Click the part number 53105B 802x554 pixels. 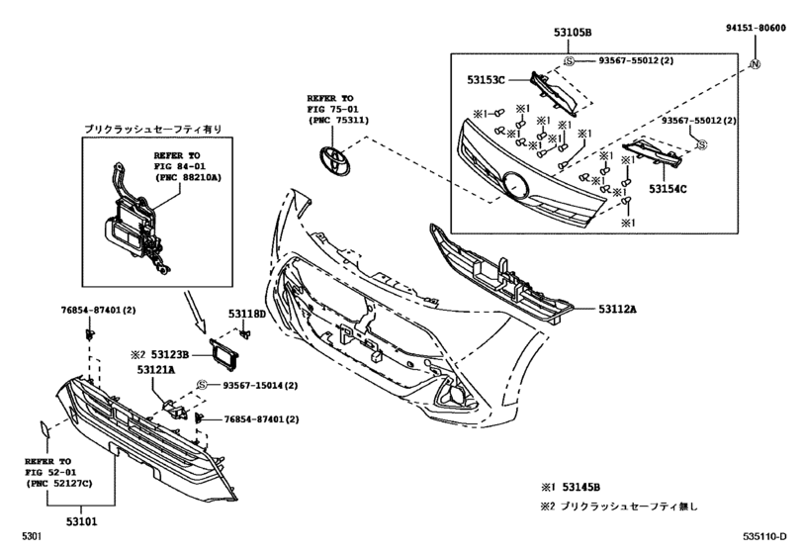[x=573, y=33]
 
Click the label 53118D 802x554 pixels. [x=248, y=314]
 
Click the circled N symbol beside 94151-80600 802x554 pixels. [x=755, y=65]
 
